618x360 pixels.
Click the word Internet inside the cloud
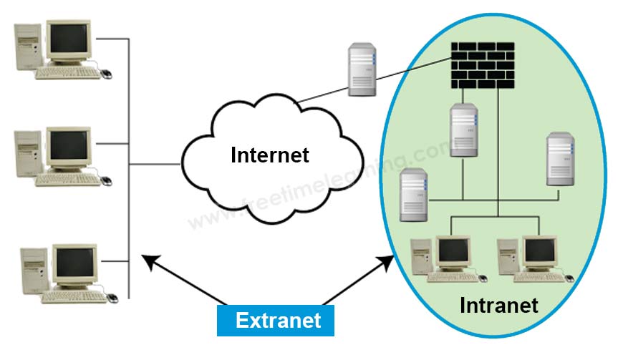[x=269, y=155]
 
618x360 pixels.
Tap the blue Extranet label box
[x=276, y=319]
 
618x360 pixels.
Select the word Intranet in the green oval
[x=498, y=306]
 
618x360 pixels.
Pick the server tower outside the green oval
[x=362, y=69]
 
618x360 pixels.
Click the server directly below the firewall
[x=464, y=131]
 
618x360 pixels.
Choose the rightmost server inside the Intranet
[x=561, y=160]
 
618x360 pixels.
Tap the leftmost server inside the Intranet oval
[x=415, y=195]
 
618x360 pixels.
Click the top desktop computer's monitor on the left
[x=69, y=40]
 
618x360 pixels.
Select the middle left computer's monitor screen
[x=69, y=147]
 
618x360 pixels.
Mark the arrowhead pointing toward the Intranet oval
[x=387, y=260]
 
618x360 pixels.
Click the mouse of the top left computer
[x=106, y=73]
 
